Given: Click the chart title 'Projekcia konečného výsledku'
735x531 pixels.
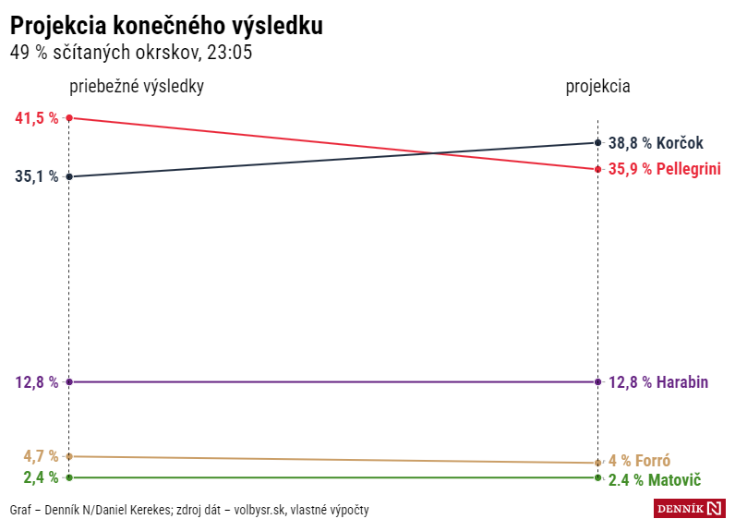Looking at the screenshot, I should pos(166,26).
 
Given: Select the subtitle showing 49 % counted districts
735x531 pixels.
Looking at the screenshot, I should pos(131,53).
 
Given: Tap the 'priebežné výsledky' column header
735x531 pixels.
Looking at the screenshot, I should pos(137,86).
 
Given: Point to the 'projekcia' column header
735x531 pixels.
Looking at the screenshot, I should pos(597,86).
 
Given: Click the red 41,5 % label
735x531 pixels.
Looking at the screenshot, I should pos(37,118).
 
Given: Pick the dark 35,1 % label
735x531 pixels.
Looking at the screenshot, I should pos(37,176).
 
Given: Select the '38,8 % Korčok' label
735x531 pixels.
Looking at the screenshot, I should pos(656,143).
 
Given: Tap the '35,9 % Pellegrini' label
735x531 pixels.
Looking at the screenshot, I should pos(664,169).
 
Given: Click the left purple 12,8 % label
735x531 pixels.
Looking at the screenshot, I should pos(37,382).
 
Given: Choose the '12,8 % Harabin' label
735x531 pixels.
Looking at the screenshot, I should pos(658,382).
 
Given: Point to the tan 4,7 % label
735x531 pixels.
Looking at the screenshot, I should pos(41,456).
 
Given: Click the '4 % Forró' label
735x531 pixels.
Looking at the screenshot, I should pos(639,461).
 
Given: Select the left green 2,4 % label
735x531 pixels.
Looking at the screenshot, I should pos(41,477).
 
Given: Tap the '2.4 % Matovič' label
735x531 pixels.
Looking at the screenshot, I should pos(654,480).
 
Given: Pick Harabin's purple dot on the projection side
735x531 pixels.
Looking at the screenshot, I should pos(598,382).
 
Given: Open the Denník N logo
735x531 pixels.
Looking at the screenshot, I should pos(689,509).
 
